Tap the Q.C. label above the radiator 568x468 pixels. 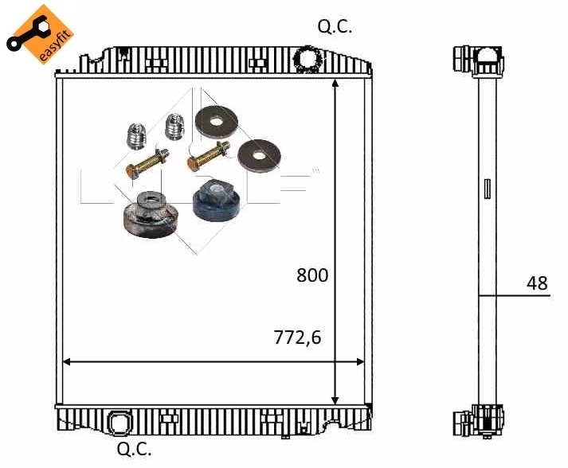point(335,26)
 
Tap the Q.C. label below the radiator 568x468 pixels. point(134,450)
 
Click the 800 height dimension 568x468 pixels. point(312,275)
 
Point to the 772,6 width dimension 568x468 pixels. point(297,337)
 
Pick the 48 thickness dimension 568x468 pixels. point(537,283)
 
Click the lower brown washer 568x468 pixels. point(257,154)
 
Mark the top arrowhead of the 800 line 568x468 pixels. point(335,83)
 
